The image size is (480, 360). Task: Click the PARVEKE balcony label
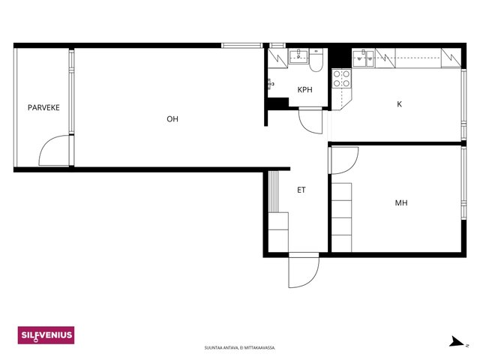pos(43,107)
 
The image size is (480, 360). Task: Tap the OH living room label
pos(172,118)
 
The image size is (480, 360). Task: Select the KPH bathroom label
pos(305,90)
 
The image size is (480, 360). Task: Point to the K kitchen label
pos(399,104)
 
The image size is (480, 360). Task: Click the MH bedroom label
pos(401,202)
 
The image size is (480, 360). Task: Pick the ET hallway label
pos(301,190)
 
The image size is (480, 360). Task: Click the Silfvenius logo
pos(46,335)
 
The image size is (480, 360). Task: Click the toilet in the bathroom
pos(316,60)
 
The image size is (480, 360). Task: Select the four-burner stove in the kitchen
pos(342,78)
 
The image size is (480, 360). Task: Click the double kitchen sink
pos(363,58)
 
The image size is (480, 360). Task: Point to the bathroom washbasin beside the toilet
pos(298,56)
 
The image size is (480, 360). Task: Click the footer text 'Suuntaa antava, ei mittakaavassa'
pos(240,348)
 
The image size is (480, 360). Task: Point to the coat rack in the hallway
pos(274,192)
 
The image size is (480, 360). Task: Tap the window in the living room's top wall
pos(241,46)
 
